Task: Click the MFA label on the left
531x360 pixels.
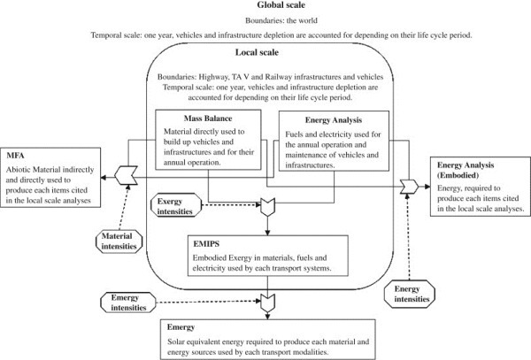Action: [x=17, y=157]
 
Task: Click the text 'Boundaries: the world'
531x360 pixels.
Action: [x=265, y=22]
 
